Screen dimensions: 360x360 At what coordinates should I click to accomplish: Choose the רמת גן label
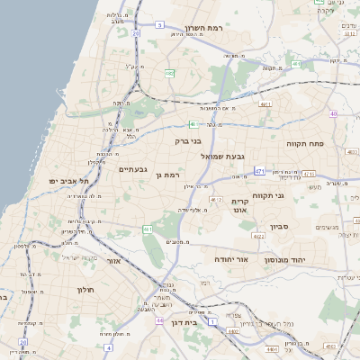coord(168,175)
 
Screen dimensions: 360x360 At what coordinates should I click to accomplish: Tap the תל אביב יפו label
coord(65,181)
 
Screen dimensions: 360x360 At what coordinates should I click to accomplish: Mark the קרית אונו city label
coord(239,206)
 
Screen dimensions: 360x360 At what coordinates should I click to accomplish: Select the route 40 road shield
coord(334,114)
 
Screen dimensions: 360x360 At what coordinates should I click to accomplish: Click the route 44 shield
coord(159,320)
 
